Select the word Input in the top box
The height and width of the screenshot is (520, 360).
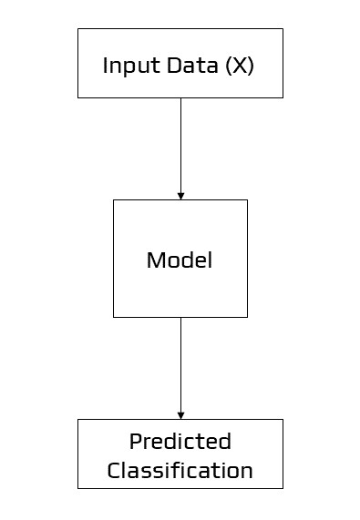point(125,66)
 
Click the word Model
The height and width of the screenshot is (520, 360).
point(180,260)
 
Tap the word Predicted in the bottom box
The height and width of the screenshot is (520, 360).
point(180,442)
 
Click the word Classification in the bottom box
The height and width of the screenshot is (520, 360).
point(180,471)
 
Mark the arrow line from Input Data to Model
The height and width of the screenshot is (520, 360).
point(180,146)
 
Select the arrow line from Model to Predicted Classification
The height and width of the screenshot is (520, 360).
point(180,364)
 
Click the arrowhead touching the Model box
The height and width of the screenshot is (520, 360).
point(180,195)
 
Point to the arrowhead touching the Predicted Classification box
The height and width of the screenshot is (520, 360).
point(180,414)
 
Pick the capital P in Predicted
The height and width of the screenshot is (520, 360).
point(135,442)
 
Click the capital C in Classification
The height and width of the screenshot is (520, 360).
point(114,471)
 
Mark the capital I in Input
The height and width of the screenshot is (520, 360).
point(105,66)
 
